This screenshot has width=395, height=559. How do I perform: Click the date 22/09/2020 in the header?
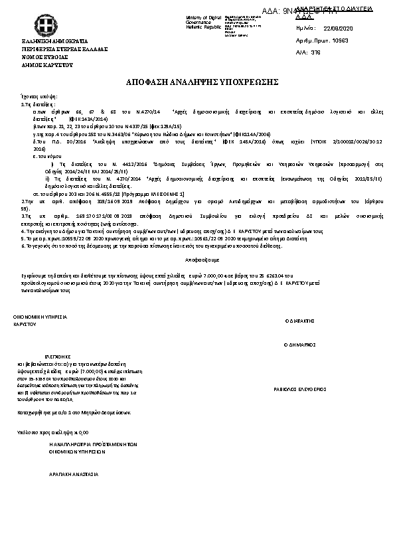(x=339, y=29)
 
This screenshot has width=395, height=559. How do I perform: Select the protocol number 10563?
(x=340, y=40)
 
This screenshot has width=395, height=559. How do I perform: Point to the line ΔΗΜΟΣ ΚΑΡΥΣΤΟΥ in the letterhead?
(x=47, y=65)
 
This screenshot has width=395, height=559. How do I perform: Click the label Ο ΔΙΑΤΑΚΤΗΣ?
(x=299, y=319)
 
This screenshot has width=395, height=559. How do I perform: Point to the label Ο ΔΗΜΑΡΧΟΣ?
(x=299, y=345)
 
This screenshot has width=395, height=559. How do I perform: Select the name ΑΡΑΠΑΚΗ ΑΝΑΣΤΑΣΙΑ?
(x=74, y=475)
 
